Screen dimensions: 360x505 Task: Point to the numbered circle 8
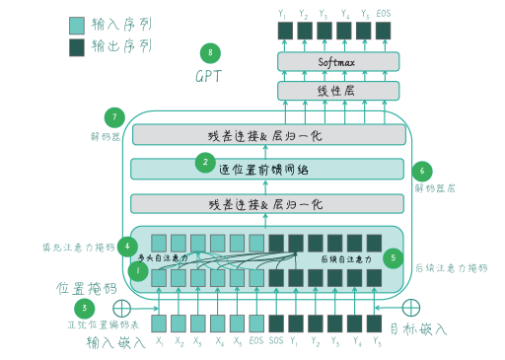coord(208,51)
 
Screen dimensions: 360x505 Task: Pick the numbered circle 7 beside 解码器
coord(116,116)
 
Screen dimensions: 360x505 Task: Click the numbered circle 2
coord(205,161)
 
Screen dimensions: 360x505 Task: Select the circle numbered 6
coord(424,170)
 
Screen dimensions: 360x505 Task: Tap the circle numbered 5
coord(395,258)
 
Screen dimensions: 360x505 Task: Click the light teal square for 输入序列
coord(77,25)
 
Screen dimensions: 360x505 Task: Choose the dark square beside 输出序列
coord(77,46)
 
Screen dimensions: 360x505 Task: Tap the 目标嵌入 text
coord(417,329)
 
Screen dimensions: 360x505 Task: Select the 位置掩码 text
coord(84,289)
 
